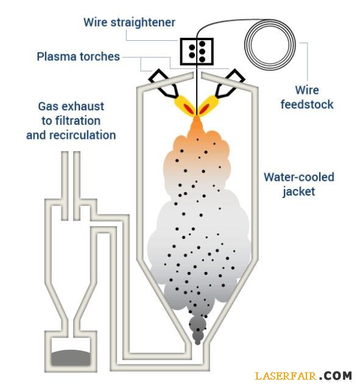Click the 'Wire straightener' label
(x=129, y=23)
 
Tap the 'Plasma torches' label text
(x=79, y=57)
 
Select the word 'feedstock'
(x=307, y=104)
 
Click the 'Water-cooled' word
(x=299, y=177)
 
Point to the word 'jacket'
(x=298, y=192)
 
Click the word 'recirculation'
(x=83, y=135)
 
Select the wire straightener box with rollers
(x=197, y=51)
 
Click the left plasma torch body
(x=163, y=83)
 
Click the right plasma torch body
(x=230, y=83)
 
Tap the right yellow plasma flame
(x=208, y=105)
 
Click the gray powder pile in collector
(x=71, y=358)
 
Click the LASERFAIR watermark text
(x=286, y=375)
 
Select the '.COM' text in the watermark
(x=336, y=375)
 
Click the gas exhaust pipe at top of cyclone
(x=71, y=185)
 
